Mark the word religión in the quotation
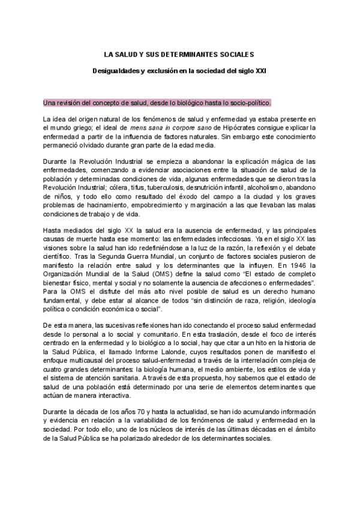point(259,297)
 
